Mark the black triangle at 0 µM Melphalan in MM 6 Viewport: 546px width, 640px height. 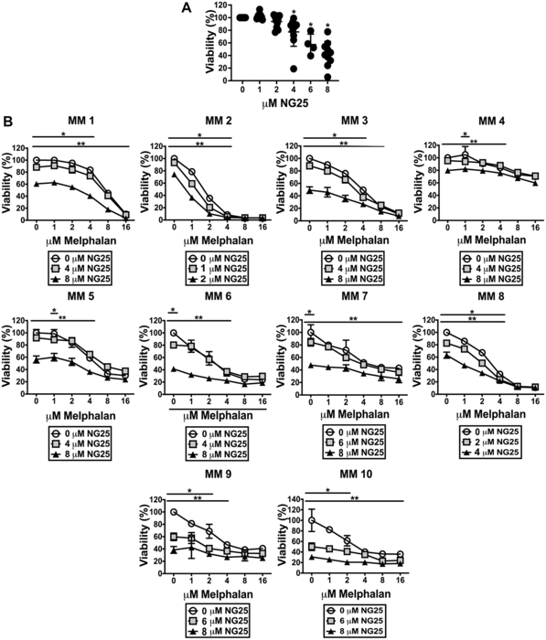174,368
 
